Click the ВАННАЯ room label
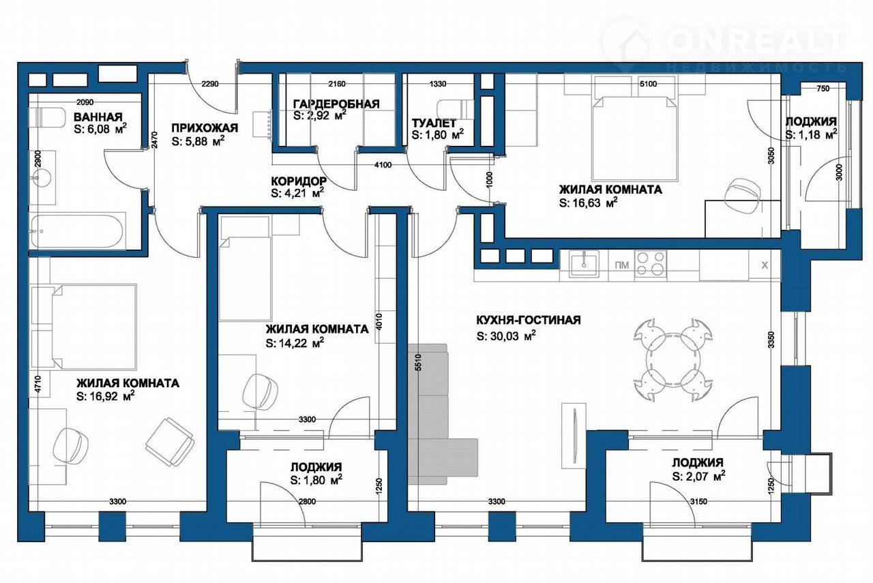(98, 117)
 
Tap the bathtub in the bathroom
(77, 230)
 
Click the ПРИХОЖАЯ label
(205, 128)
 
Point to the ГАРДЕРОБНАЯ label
(336, 104)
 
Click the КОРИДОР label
(299, 181)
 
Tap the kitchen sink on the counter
(584, 264)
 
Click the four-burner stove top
(651, 264)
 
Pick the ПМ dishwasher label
(621, 265)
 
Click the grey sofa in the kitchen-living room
(439, 414)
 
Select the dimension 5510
(419, 362)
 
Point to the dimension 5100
(648, 83)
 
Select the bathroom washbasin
(42, 179)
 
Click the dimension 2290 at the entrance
(210, 83)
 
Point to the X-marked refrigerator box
(765, 265)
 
